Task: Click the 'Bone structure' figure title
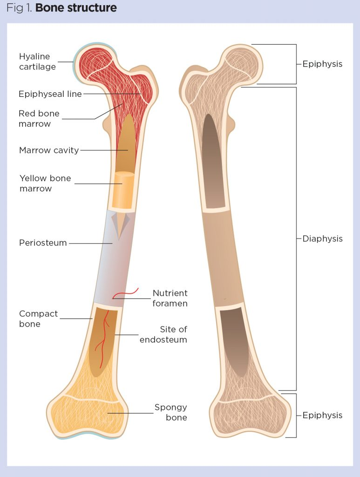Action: [x=76, y=8]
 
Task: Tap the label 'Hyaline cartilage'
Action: [x=37, y=61]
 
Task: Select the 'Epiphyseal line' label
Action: [x=50, y=94]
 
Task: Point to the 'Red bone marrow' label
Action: [x=39, y=119]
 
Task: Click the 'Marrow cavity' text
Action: [x=49, y=150]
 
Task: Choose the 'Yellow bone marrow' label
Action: [x=45, y=184]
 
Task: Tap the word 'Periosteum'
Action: [x=43, y=243]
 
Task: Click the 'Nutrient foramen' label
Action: [x=170, y=298]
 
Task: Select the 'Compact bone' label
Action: [x=38, y=319]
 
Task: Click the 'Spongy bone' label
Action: [x=171, y=412]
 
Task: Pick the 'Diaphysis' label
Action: [x=322, y=238]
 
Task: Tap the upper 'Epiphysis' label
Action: [x=322, y=64]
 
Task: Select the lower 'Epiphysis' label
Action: [x=322, y=415]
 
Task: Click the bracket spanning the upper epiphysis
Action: [x=296, y=64]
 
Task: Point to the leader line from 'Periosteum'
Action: [x=91, y=243]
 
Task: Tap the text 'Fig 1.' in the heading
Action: [x=19, y=8]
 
